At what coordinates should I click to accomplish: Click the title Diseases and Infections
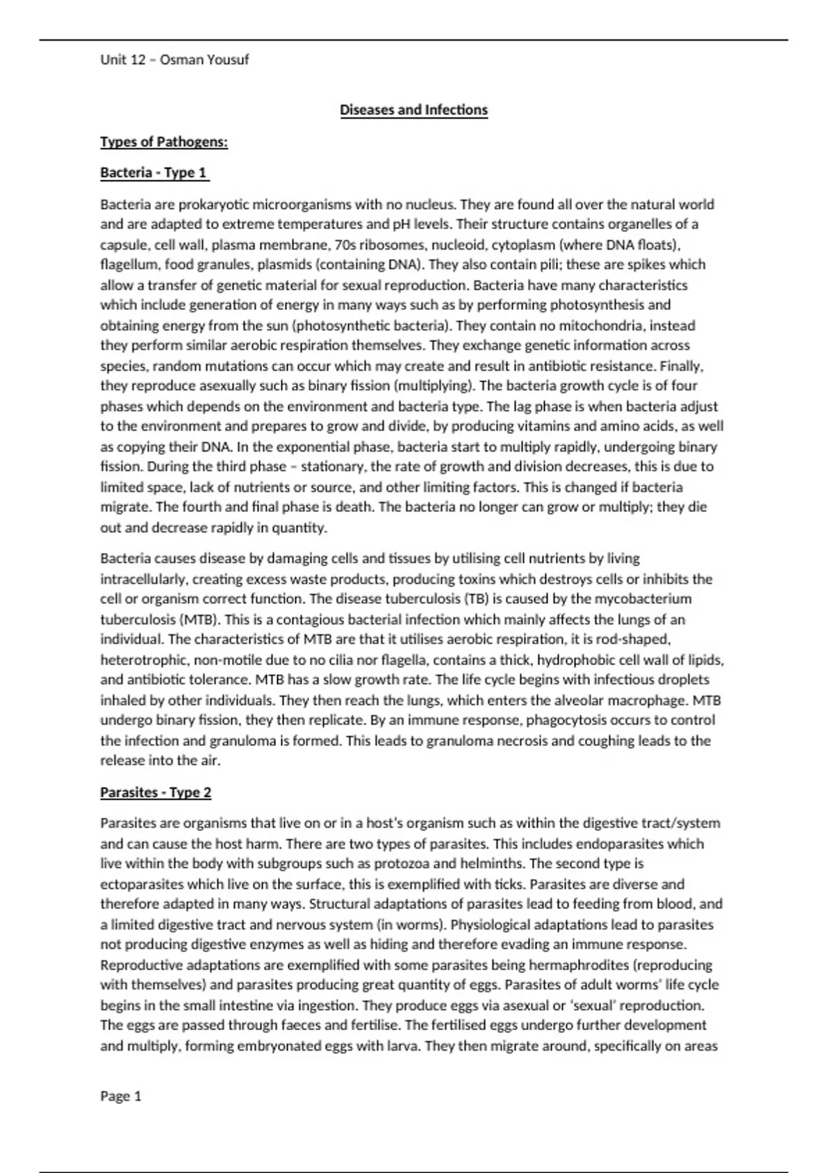413,110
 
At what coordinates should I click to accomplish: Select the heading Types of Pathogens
164,142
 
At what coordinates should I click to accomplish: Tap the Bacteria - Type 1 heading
154,172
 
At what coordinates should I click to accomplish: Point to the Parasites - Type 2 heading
155,792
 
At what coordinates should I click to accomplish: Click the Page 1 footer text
121,1096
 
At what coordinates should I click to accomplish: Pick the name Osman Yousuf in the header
204,59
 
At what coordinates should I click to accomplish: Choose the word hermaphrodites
569,965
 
